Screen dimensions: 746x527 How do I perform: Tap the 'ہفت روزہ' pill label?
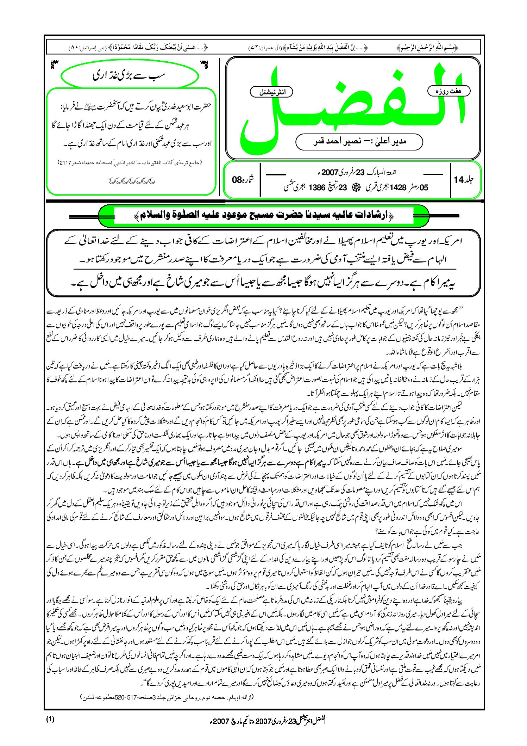(x=448, y=91)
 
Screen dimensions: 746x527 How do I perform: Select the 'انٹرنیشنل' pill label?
(x=271, y=92)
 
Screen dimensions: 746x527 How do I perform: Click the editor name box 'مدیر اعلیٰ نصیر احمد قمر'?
(x=359, y=142)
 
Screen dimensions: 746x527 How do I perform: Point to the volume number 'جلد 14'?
(x=464, y=180)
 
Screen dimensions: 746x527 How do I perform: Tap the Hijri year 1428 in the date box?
(x=398, y=188)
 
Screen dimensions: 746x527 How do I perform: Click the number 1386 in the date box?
(x=316, y=188)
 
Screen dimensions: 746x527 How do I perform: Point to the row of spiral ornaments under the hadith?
(x=132, y=181)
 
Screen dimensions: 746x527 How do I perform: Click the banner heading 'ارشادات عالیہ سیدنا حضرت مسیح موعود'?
(x=264, y=215)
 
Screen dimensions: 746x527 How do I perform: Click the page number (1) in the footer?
(x=50, y=720)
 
